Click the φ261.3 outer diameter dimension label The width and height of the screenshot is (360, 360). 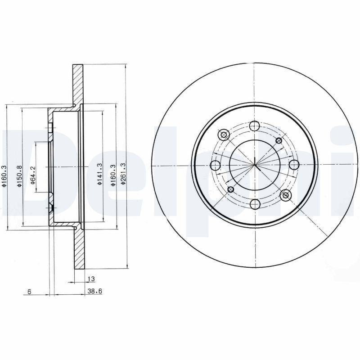pyautogui.click(x=123, y=174)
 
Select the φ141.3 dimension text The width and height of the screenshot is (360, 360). pyautogui.click(x=99, y=174)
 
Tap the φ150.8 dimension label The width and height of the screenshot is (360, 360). pyautogui.click(x=19, y=176)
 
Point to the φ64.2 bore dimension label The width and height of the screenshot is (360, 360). pyautogui.click(x=32, y=175)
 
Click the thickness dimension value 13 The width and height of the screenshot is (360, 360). pyautogui.click(x=91, y=279)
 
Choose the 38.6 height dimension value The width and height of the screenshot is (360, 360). pyautogui.click(x=95, y=291)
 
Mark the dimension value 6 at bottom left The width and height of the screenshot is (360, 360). pyautogui.click(x=29, y=292)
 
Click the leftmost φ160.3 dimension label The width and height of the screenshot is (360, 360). pyautogui.click(x=4, y=175)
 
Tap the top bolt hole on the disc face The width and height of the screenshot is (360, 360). pyautogui.click(x=254, y=126)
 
